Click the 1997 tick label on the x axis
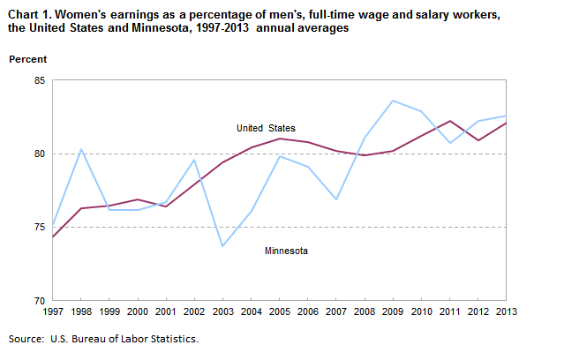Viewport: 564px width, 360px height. pos(53,311)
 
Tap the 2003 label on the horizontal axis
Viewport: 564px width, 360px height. pos(222,311)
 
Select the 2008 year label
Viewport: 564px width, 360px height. pos(364,311)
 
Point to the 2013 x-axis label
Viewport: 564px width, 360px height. pos(506,311)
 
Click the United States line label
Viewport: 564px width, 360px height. pos(266,129)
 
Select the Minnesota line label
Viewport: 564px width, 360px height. pos(287,251)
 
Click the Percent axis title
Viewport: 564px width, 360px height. pos(28,59)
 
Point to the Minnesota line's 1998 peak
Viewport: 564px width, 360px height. pos(81,149)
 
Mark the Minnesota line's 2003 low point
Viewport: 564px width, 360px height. pos(222,246)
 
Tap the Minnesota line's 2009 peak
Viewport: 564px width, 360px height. pos(393,101)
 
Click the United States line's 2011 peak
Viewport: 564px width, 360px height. pos(449,121)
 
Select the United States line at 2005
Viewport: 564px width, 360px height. pos(279,139)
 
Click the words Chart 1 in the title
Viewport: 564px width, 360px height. pos(29,13)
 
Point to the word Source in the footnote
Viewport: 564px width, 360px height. pos(26,339)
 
